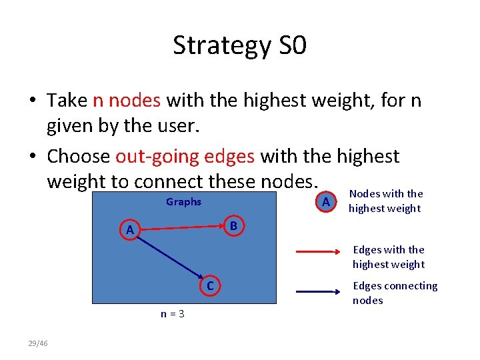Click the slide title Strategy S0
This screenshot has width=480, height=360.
point(239,45)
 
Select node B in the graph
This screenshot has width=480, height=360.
point(233,226)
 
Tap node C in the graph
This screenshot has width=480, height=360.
point(209,286)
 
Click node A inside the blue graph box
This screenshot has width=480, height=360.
point(130,230)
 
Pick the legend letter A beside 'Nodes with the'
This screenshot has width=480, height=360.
point(325,201)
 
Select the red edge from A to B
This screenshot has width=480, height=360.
point(180,228)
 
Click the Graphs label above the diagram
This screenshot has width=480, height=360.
point(183,202)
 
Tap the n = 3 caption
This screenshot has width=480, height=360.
point(173,313)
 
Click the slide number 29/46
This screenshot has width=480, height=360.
point(37,343)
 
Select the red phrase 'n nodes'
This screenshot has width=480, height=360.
point(127,100)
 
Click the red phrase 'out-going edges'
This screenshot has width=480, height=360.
point(185,156)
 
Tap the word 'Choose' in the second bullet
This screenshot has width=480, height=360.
point(78,156)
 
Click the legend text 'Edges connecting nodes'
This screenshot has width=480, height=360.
point(395,293)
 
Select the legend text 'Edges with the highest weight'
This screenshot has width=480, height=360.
point(388,257)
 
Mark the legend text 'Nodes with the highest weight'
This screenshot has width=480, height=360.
point(385,201)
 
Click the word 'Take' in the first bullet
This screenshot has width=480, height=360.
point(67,100)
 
